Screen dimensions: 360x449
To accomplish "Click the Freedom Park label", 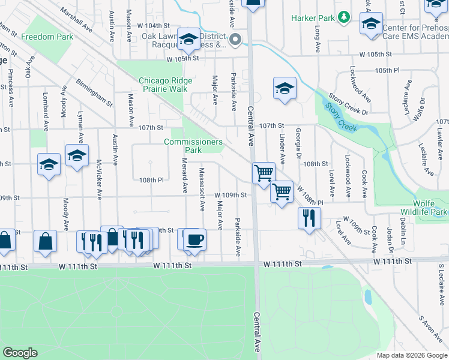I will click(x=47, y=37).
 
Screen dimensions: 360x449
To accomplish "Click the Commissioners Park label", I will click(x=193, y=146).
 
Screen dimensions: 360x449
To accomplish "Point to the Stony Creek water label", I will click(x=340, y=117).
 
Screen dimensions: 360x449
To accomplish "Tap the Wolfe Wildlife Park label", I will click(x=431, y=208).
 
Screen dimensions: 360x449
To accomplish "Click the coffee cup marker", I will click(x=194, y=240).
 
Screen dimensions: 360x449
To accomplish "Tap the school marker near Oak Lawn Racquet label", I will click(x=188, y=40).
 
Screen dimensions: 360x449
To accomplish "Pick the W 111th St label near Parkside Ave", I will click(x=172, y=264).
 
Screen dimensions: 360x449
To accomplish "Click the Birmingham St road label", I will click(x=94, y=92).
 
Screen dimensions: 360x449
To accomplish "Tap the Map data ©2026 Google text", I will click(x=412, y=355).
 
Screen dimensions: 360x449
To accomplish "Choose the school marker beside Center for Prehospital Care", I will click(x=371, y=25).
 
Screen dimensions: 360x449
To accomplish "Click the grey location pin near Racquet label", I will click(x=235, y=40).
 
